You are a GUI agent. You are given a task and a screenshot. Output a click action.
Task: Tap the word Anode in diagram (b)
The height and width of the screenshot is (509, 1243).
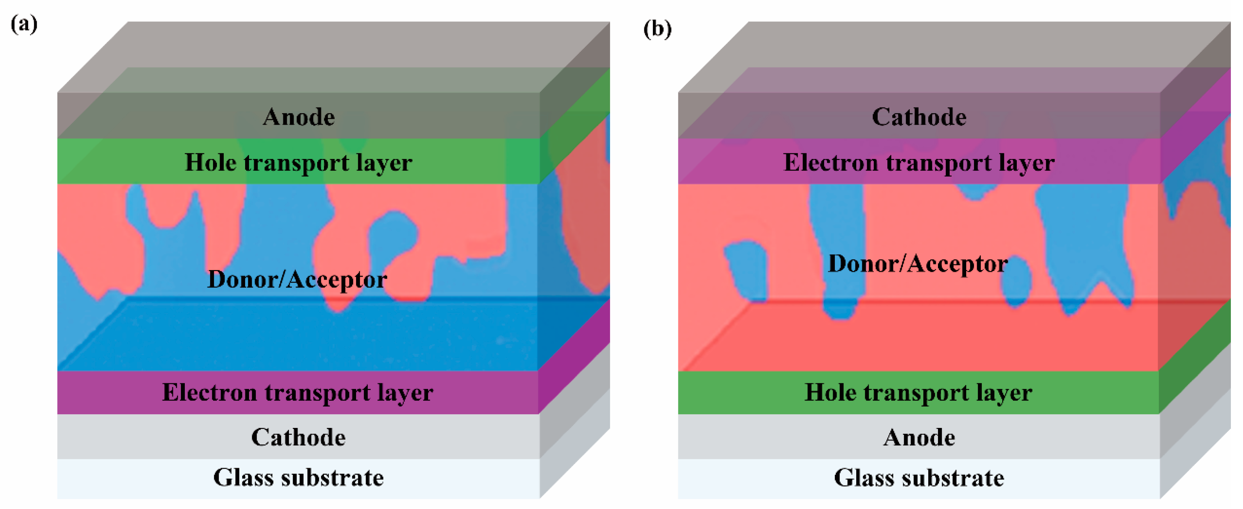[919, 438]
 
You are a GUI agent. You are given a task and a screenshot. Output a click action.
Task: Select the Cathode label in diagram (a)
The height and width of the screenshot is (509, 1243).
[298, 437]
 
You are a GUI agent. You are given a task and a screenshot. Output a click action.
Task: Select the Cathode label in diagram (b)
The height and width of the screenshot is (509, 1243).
[919, 117]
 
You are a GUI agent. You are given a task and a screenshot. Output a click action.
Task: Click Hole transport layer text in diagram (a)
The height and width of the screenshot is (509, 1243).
[298, 162]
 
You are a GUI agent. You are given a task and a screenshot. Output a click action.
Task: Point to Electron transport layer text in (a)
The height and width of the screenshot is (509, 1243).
[297, 392]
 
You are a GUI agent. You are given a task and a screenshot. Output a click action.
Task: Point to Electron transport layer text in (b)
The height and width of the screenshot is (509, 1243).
[919, 162]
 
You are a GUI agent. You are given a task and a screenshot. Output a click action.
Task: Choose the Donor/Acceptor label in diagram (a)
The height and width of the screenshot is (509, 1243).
[297, 279]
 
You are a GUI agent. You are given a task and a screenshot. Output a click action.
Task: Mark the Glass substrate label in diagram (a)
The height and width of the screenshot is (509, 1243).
[298, 478]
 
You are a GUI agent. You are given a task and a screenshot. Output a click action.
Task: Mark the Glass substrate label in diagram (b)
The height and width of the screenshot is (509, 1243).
[919, 478]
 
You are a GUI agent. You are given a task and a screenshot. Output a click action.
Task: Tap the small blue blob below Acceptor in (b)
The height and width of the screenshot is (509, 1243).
[1016, 285]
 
